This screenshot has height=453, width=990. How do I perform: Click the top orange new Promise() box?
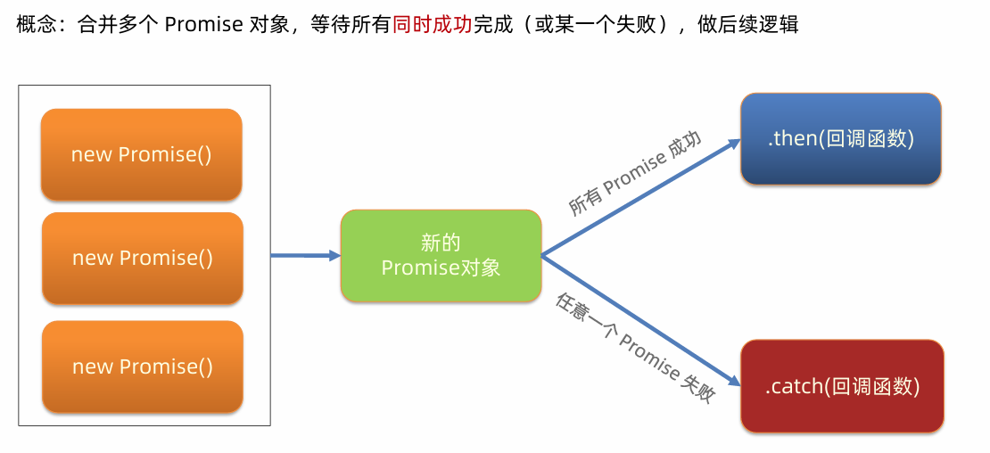pos(141,154)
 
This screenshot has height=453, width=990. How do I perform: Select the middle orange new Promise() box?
pos(143,258)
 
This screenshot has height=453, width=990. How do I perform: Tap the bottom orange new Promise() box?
pos(143,367)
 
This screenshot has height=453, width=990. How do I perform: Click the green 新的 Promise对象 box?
pos(441,255)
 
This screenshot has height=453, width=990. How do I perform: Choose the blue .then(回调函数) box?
pos(840,139)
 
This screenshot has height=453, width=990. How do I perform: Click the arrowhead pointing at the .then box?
pos(732,142)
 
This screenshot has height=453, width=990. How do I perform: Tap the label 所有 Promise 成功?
pos(635,175)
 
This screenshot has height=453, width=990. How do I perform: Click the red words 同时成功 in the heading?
pos(433,24)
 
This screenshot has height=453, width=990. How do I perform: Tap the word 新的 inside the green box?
pos(441,243)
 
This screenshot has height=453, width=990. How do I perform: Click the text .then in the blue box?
pos(792,139)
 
